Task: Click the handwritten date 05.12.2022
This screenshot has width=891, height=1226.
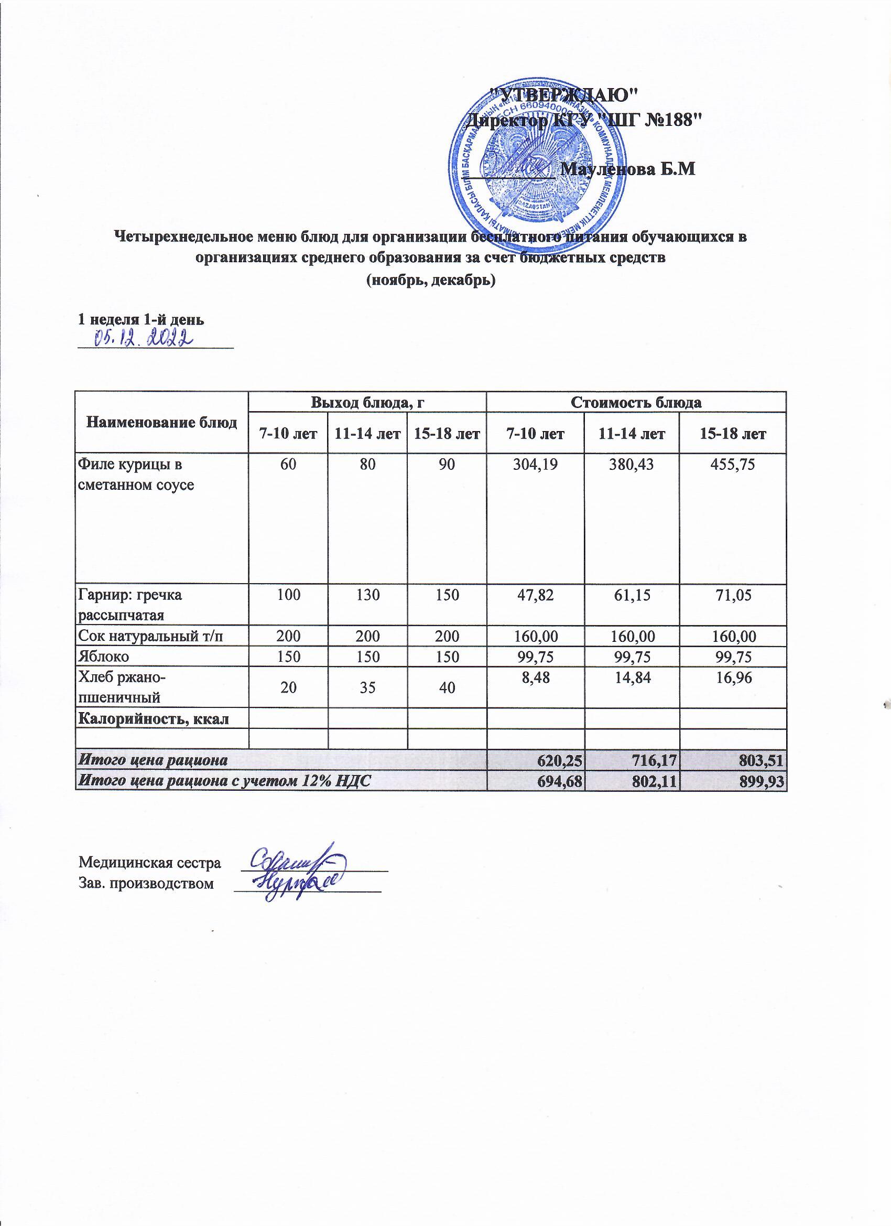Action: tap(144, 338)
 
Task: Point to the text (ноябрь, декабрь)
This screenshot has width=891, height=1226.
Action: tap(430, 281)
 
